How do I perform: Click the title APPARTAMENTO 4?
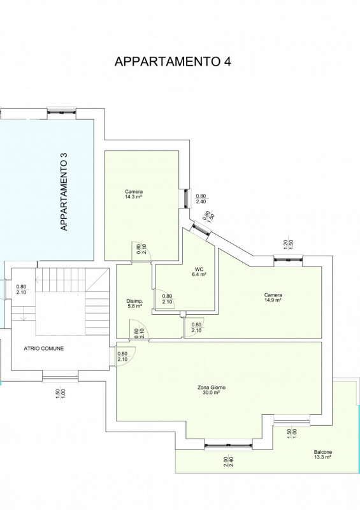[173, 61]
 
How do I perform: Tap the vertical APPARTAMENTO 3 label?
[64, 192]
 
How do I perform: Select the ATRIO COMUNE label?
[44, 348]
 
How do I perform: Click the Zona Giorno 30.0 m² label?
[212, 390]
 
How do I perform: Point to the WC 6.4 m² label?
[199, 272]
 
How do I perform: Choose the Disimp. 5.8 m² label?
[134, 303]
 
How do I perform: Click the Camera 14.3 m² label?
[134, 194]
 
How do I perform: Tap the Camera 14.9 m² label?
[273, 298]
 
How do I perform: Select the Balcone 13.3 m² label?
[323, 455]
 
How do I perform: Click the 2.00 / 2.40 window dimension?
[228, 462]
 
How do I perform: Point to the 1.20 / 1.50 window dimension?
[288, 244]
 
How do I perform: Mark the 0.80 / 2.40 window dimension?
[201, 199]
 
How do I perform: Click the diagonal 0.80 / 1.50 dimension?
[208, 217]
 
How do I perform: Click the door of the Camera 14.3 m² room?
[141, 252]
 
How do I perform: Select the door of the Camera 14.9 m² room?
[194, 328]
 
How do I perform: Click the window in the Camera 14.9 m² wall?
[288, 259]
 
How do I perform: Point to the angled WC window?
[200, 228]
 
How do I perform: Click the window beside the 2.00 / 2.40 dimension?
[228, 444]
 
